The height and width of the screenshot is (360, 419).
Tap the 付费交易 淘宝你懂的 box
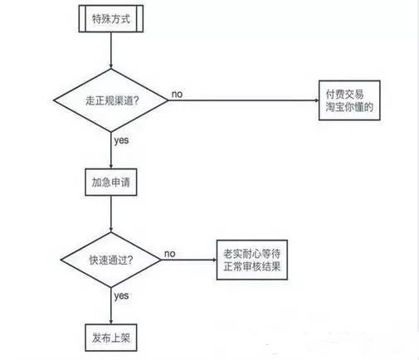click(x=350, y=100)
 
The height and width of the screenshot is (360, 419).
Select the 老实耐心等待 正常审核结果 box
click(x=253, y=259)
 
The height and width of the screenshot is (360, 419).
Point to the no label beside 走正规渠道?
click(x=177, y=94)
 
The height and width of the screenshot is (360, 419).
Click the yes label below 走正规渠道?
click(x=121, y=140)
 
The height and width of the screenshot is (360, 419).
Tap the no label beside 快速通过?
click(x=169, y=253)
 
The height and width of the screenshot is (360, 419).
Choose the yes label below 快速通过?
click(x=121, y=295)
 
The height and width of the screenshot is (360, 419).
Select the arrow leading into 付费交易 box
click(x=249, y=100)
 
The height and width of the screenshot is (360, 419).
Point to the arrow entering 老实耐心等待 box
click(x=187, y=259)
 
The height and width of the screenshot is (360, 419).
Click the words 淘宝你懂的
click(x=350, y=108)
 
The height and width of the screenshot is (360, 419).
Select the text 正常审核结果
click(x=253, y=267)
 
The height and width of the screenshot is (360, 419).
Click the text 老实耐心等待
click(x=253, y=251)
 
